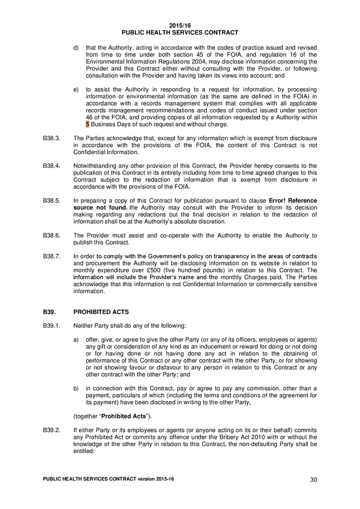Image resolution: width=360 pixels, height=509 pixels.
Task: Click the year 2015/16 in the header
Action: tap(180, 25)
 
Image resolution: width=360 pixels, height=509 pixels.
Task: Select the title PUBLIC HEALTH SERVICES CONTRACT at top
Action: tap(180, 33)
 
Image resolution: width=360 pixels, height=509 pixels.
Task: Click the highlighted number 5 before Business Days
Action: tap(87, 124)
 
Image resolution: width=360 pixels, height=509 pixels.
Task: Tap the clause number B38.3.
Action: tap(53, 138)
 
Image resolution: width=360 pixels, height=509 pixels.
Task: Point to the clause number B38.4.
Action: tap(53, 166)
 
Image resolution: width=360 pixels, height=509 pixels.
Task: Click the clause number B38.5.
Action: tap(53, 201)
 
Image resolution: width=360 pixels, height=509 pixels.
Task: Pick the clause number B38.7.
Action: tap(53, 256)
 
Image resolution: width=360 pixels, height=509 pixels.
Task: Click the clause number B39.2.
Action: tap(53, 430)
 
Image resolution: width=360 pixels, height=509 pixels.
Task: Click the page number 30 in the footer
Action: tap(314, 480)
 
